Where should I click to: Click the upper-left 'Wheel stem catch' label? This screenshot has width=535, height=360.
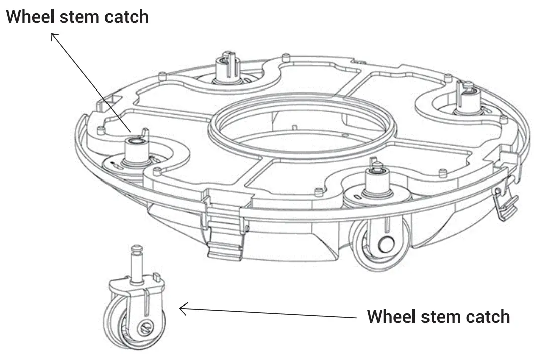tap(77, 16)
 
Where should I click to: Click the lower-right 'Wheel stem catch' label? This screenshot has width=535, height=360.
tap(438, 317)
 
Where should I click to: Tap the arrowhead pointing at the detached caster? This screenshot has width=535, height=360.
tap(182, 309)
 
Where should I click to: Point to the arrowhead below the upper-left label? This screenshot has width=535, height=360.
tap(53, 35)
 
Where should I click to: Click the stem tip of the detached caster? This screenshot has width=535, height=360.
tap(137, 249)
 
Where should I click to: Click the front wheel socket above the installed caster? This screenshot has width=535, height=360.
tap(376, 183)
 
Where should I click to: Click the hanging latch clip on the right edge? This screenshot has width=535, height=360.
tap(505, 204)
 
